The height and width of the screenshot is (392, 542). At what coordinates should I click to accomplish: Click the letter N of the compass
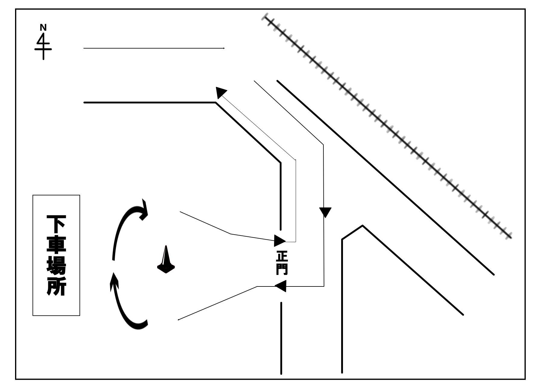click(x=43, y=28)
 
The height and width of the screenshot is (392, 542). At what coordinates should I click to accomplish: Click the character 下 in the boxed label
click(x=56, y=224)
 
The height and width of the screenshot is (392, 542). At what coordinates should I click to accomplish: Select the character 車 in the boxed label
click(x=56, y=245)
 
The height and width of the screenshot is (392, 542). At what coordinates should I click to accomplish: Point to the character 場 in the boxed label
click(x=56, y=265)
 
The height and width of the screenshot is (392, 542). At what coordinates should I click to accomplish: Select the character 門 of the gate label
click(x=282, y=269)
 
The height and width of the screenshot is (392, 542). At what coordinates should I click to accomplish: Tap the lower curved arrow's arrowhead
click(x=114, y=280)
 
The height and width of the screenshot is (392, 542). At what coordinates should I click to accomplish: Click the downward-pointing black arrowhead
click(x=325, y=212)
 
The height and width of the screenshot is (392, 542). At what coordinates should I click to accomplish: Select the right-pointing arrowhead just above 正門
click(x=279, y=241)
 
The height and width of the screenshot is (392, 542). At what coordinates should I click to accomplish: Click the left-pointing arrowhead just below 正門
click(x=281, y=286)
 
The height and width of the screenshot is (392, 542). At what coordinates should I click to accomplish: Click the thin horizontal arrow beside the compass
click(x=154, y=48)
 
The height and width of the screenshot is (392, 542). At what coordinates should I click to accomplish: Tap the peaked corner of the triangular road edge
click(x=362, y=226)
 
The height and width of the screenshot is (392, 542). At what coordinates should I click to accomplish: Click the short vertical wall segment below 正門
click(x=281, y=338)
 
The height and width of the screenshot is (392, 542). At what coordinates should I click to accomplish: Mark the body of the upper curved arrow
click(x=120, y=229)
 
